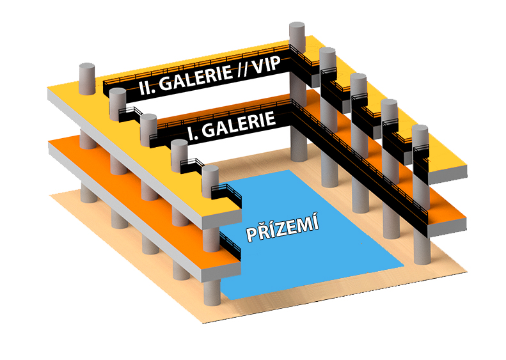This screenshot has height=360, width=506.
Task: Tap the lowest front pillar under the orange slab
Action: [212, 293]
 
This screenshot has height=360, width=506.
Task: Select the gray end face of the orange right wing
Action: [447, 228]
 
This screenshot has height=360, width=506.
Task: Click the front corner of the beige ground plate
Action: [203, 322]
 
